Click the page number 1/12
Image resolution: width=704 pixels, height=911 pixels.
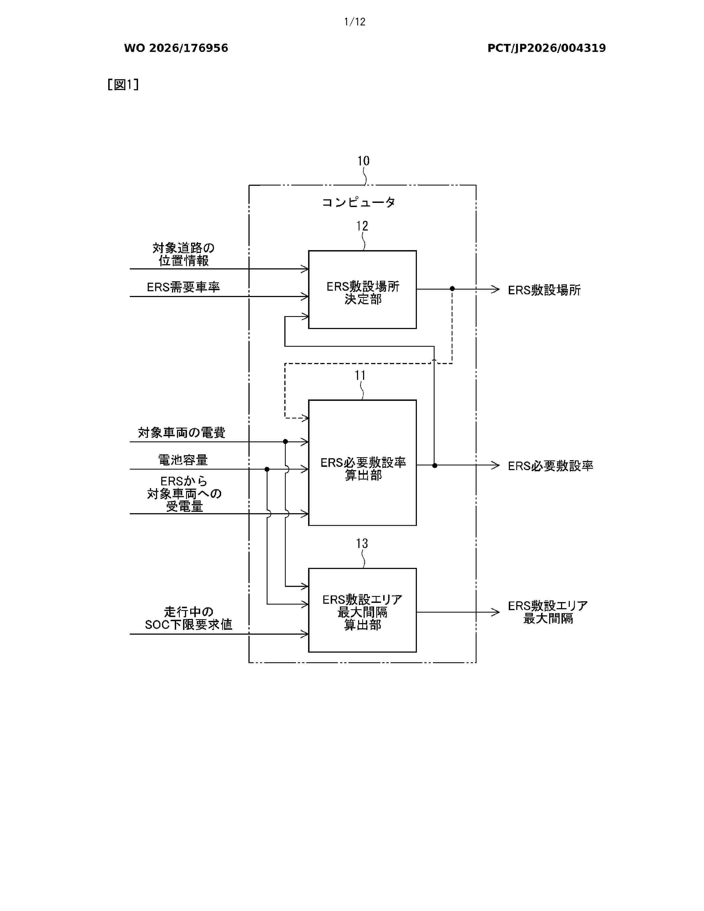(x=354, y=22)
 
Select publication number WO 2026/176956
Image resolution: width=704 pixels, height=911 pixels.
(x=176, y=48)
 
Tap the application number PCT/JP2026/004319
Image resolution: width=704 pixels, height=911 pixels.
(x=546, y=48)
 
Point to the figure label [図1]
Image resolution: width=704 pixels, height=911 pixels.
(x=123, y=85)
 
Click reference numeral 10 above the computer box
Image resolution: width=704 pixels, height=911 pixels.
(x=363, y=161)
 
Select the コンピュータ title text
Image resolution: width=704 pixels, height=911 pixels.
(x=359, y=202)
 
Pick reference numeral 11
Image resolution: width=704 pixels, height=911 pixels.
(x=360, y=375)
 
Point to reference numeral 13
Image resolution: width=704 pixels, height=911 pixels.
(x=362, y=543)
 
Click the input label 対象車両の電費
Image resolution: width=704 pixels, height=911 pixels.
(x=182, y=433)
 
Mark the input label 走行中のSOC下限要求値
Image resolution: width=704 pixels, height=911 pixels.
(x=189, y=618)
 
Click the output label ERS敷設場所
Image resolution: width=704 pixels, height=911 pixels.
(x=544, y=290)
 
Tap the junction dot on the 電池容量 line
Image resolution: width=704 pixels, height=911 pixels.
(x=267, y=469)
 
